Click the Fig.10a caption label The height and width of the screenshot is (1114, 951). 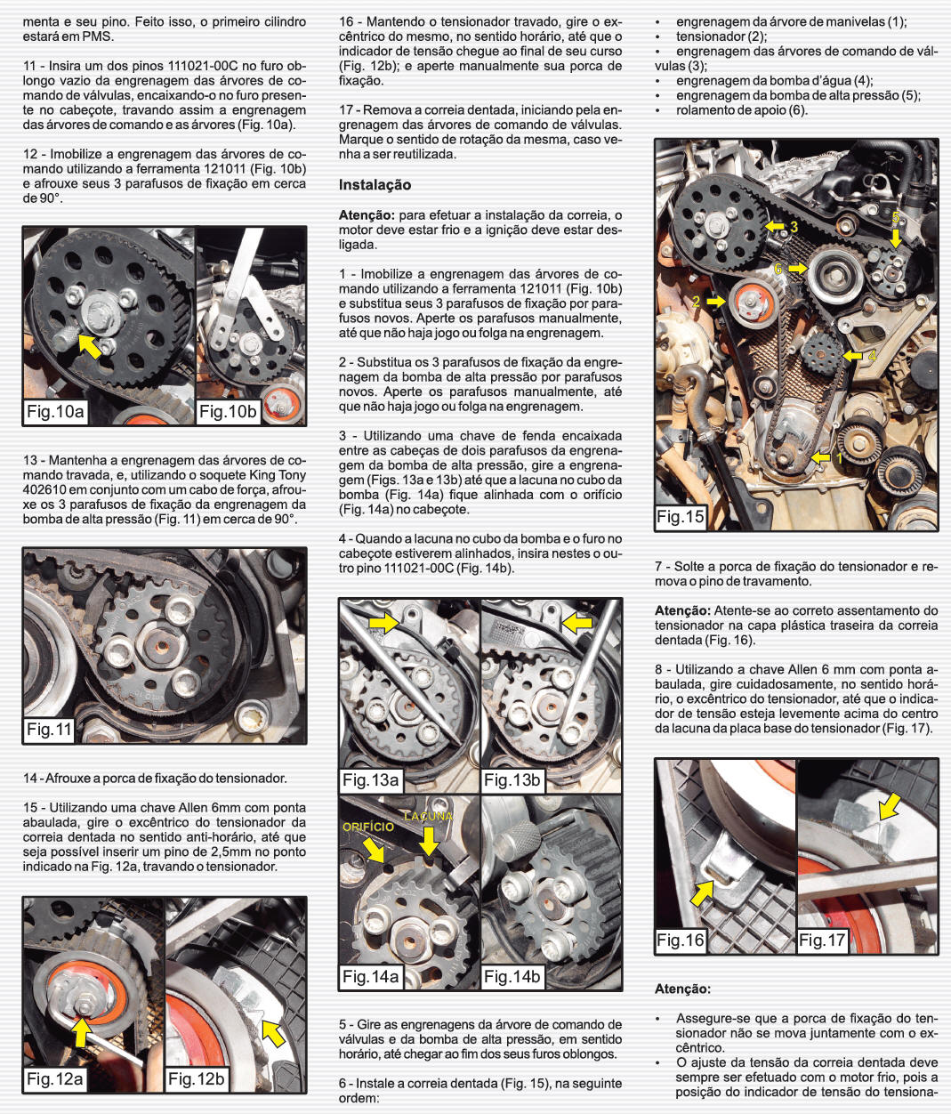coord(55,412)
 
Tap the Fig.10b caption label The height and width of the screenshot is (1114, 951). coord(228,412)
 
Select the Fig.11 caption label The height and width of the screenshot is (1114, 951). coord(49,730)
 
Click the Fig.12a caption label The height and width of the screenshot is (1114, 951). coord(55,1078)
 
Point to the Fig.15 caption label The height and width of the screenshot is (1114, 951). coord(681,517)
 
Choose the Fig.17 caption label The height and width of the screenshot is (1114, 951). coord(822,940)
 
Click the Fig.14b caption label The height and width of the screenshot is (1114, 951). coord(512,977)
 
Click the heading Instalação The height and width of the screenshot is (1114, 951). coord(375,185)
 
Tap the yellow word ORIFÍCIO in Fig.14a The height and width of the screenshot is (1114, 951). coord(368,827)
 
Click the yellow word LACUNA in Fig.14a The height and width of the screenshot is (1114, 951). coord(429,816)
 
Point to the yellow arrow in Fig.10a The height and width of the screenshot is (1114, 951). coord(90,345)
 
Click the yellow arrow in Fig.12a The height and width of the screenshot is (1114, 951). coord(82,1032)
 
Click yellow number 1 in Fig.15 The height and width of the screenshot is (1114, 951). coord(839,458)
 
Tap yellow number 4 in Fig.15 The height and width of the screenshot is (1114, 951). coord(873,356)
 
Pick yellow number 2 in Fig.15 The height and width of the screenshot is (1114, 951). coord(697,302)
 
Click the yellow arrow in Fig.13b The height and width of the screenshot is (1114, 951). coord(576,623)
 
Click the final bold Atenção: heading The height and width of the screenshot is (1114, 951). coord(682,989)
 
